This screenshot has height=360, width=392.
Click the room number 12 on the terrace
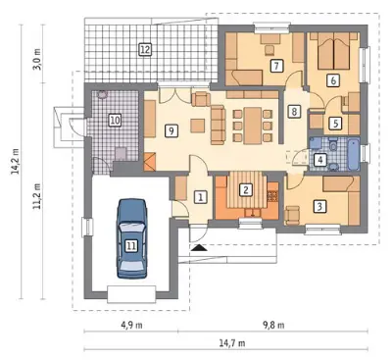tap(145, 50)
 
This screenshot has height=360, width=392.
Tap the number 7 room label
tap(276, 66)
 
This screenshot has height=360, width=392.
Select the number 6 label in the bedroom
tap(333, 80)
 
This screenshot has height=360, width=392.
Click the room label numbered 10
tap(115, 120)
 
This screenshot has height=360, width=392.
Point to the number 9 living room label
tap(171, 130)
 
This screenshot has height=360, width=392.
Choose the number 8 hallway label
tap(294, 112)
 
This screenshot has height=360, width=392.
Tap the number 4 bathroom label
tap(320, 160)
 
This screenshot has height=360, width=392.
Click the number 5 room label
tap(335, 124)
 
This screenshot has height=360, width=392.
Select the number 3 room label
tap(319, 206)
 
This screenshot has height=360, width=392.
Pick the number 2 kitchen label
tap(246, 189)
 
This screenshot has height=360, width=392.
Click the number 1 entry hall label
tap(201, 197)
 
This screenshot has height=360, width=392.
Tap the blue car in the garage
tap(131, 237)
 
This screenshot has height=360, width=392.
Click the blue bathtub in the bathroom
tap(354, 155)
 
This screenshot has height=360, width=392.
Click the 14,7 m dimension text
tap(231, 343)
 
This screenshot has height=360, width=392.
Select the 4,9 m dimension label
tap(131, 326)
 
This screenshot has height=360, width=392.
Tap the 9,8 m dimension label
tap(273, 326)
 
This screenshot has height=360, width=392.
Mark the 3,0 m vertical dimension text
tap(38, 59)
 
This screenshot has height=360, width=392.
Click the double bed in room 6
tap(333, 51)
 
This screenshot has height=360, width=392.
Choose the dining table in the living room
tap(253, 126)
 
